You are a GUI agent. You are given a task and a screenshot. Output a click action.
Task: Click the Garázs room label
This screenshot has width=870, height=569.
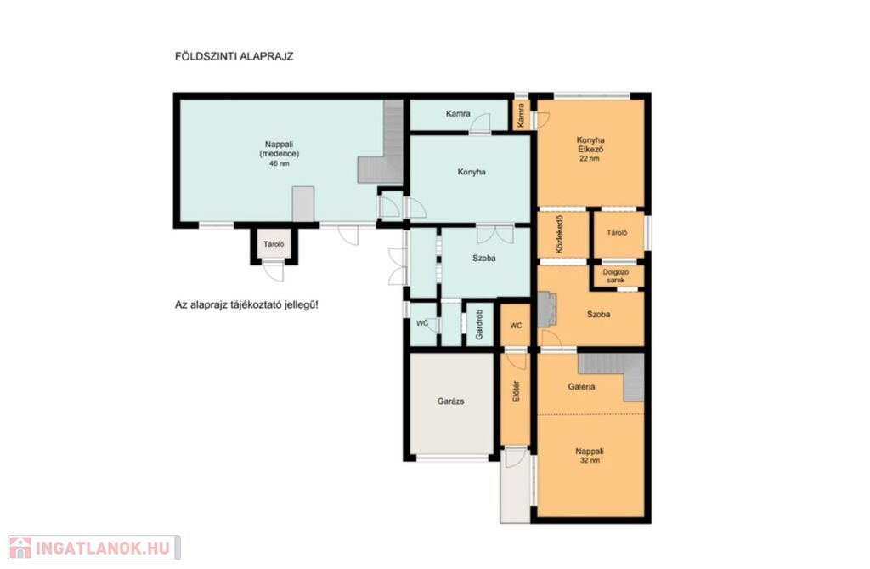tap(450, 401)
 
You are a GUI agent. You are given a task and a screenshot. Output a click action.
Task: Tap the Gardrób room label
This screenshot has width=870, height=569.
tap(479, 325)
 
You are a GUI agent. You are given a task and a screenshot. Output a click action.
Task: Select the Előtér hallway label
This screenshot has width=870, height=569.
tap(516, 391)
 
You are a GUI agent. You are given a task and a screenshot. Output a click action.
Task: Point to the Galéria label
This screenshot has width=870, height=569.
tap(581, 387)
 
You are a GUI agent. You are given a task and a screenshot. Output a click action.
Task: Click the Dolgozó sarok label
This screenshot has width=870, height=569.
tap(615, 276)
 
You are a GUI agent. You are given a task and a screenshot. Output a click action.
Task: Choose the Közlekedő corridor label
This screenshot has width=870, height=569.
tap(559, 235)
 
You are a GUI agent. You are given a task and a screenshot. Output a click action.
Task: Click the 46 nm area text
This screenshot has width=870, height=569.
tap(279, 163)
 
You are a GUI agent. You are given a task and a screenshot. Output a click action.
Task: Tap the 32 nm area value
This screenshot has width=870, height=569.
tap(590, 460)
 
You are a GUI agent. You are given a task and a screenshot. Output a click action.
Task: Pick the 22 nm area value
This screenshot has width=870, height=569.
tap(590, 158)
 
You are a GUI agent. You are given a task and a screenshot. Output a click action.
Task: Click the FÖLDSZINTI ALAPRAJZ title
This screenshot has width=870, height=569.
tap(234, 56)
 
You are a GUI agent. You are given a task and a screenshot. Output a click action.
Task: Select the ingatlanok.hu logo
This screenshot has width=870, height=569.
tap(94, 548)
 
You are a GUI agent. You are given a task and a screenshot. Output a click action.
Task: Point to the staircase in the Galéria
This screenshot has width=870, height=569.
tap(617, 373)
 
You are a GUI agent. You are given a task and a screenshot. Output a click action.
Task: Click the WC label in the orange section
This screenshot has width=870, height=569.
tap(516, 326)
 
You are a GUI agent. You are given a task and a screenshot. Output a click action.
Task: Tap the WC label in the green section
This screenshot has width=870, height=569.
tap(422, 323)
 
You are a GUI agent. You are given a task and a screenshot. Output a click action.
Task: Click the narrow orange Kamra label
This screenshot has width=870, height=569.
tap(521, 115)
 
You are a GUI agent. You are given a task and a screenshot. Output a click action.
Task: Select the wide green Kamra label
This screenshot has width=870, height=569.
tap(458, 113)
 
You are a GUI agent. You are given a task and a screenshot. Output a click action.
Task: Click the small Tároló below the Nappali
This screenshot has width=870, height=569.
tap(274, 244)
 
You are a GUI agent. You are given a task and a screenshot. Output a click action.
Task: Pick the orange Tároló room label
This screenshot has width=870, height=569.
tap(617, 233)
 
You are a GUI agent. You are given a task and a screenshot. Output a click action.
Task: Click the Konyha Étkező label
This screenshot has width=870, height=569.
tap(590, 145)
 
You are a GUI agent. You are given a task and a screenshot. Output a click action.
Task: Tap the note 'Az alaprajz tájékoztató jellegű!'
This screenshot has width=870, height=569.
tap(246, 305)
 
